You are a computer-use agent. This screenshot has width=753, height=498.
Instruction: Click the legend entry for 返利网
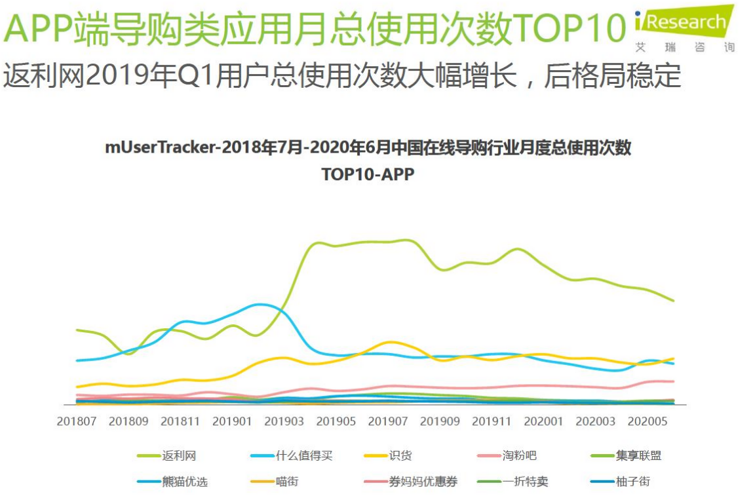[x=166, y=455]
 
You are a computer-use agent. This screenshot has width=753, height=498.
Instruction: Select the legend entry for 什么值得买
[x=291, y=455]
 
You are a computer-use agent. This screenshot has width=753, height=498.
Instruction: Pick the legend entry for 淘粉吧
[x=508, y=455]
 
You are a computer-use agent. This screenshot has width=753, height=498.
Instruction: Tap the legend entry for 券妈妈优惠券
[x=410, y=482]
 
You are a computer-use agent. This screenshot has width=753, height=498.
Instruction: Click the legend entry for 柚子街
[x=619, y=482]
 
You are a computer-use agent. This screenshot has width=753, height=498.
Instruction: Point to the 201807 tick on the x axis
[x=77, y=421]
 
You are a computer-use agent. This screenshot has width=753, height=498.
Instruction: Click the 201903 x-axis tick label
[x=284, y=421]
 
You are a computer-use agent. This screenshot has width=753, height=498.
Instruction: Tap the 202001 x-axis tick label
[x=543, y=421]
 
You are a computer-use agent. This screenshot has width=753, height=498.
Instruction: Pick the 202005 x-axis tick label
[x=647, y=421]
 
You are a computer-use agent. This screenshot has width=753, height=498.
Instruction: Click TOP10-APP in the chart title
[x=368, y=174]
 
